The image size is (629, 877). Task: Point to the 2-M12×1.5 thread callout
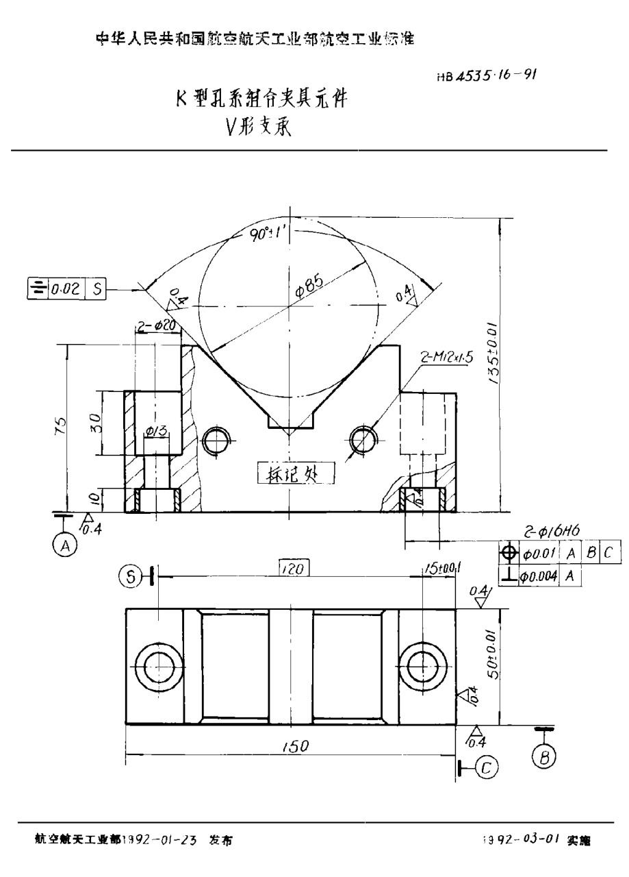(x=447, y=358)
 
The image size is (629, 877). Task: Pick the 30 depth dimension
(x=95, y=423)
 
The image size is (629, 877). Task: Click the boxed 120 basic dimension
(x=296, y=568)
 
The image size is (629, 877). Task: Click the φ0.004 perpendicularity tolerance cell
(x=539, y=577)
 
